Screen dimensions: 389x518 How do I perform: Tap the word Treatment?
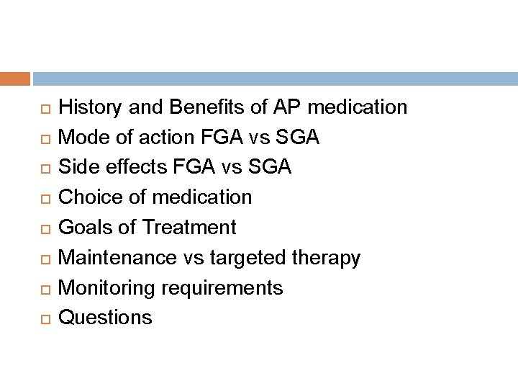(188, 228)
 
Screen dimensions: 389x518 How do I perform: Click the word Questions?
(105, 318)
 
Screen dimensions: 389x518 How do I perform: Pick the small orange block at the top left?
(15, 79)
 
